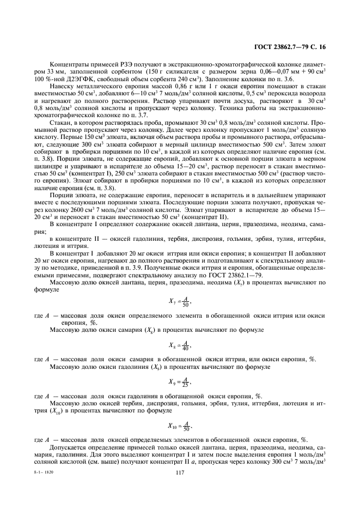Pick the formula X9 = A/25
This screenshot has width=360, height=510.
point(180,381)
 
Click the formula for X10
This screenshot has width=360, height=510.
point(180,426)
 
